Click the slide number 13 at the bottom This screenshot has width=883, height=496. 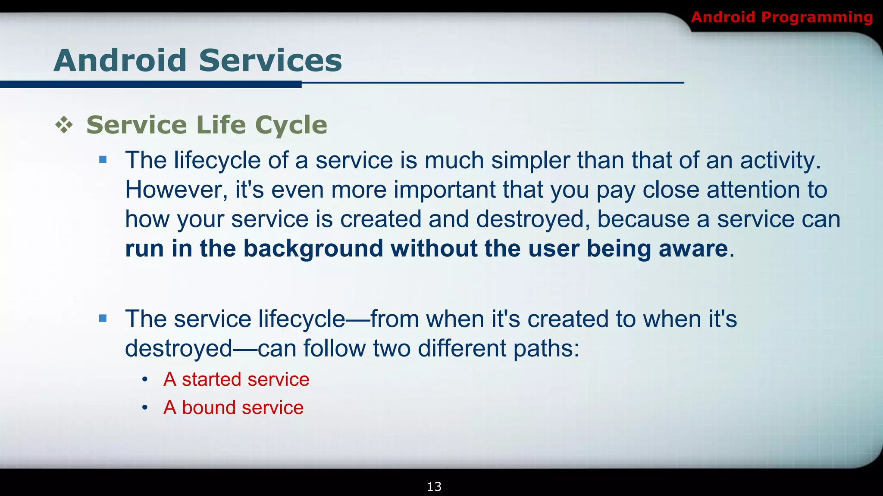coord(434,487)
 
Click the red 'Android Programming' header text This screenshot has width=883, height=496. coord(782,17)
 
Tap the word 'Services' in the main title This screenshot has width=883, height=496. coord(270,60)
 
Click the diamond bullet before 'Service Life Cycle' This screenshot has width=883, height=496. coord(64,125)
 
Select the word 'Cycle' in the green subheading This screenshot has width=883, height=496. coord(291,125)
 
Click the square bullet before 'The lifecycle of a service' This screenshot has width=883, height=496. coord(103,160)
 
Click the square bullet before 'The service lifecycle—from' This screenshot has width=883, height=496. coord(103,319)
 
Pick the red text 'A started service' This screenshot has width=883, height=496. coord(236,380)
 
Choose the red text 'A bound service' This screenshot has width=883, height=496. coord(233,408)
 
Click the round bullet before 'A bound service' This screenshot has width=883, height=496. coord(145,408)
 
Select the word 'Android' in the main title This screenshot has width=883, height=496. coord(120,60)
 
